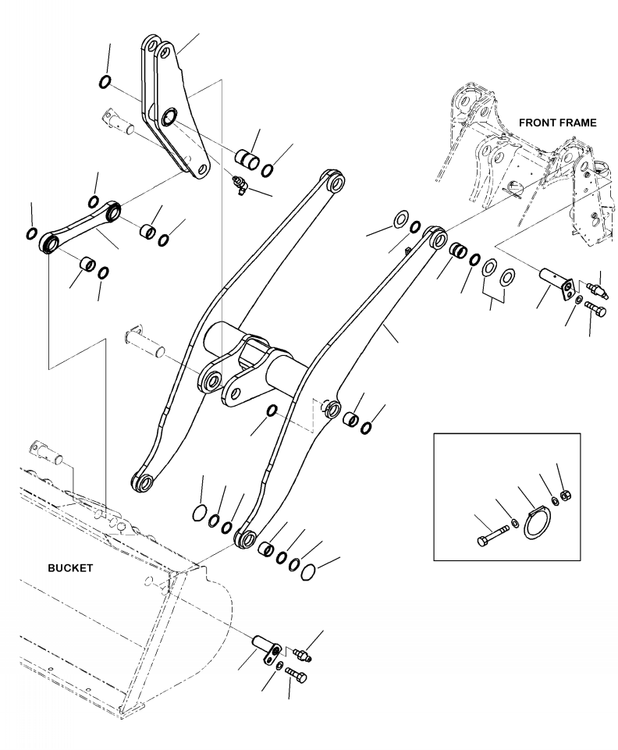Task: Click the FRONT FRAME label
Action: click(x=557, y=123)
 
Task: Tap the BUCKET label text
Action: click(x=69, y=568)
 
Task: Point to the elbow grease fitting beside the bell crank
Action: click(x=238, y=183)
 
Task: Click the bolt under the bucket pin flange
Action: click(x=293, y=673)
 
